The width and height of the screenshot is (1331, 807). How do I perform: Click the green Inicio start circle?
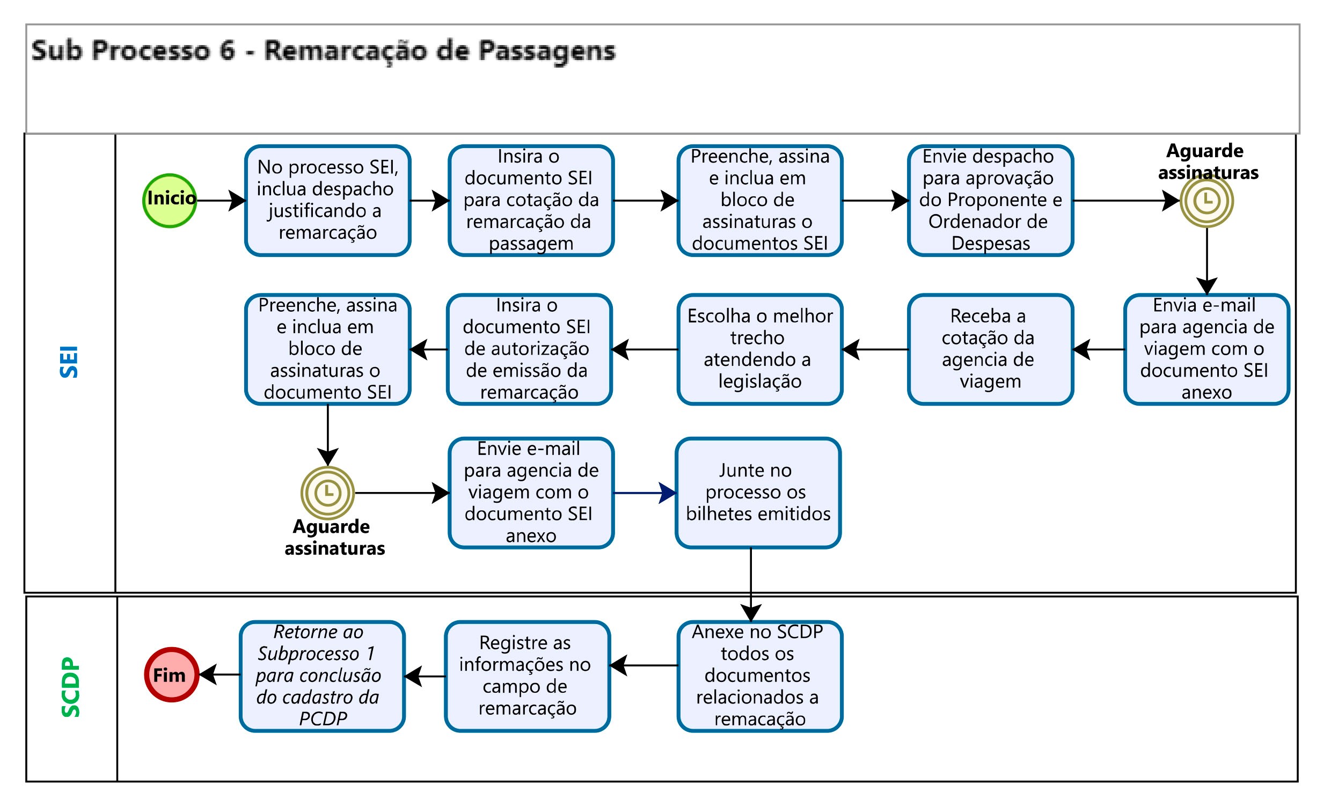tap(170, 201)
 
